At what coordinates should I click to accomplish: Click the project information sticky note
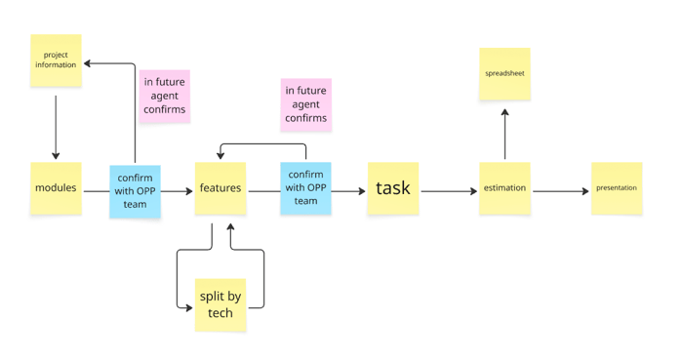tap(56, 60)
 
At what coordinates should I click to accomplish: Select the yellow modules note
tap(56, 188)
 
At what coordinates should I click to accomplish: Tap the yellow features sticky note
tap(221, 188)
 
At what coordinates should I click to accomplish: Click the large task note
tap(393, 188)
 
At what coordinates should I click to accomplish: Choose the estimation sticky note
tap(504, 188)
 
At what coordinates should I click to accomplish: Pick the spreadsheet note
tap(504, 74)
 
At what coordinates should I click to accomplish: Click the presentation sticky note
tap(617, 188)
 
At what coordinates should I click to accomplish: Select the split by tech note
tap(221, 304)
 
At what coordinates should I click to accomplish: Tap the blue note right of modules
tap(135, 191)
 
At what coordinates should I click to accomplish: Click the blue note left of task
tap(305, 188)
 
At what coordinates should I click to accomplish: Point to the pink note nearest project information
tap(164, 96)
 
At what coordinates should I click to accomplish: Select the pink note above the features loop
tap(305, 104)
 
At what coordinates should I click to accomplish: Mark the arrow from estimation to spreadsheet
tap(504, 134)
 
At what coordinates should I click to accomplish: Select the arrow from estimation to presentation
tap(560, 191)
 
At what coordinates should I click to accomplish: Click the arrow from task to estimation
tap(448, 191)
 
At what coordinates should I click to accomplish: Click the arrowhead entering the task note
tap(362, 191)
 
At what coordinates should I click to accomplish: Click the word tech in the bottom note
tap(221, 313)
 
